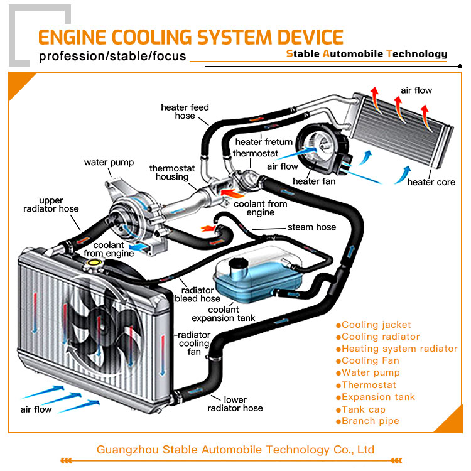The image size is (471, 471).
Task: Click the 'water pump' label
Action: (x=109, y=163)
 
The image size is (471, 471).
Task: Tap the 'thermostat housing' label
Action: (x=172, y=173)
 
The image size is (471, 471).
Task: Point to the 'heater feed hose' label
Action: (x=185, y=112)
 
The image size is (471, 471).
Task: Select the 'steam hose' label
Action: (x=311, y=227)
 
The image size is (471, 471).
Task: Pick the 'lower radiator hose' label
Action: (x=235, y=404)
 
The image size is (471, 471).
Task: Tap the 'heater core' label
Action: (x=431, y=182)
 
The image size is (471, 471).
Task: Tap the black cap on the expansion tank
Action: (x=239, y=263)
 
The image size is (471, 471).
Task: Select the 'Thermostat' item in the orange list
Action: (x=369, y=385)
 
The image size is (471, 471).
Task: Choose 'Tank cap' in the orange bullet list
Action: (x=364, y=409)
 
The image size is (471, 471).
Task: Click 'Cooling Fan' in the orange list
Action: (x=370, y=360)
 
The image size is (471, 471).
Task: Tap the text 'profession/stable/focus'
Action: (x=112, y=57)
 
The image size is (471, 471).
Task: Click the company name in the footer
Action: (x=235, y=450)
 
